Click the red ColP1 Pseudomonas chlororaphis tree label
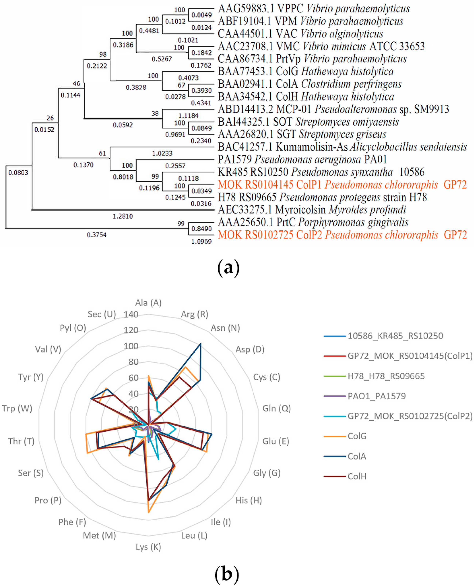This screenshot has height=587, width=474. [x=342, y=185]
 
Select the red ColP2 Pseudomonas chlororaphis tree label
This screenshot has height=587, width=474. [x=342, y=235]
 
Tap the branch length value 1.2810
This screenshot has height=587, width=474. [x=123, y=216]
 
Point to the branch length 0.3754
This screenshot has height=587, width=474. [x=97, y=235]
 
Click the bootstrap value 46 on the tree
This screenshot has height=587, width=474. [x=76, y=84]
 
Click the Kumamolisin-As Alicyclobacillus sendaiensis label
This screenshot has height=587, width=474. [x=342, y=147]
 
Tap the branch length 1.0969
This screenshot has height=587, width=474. [x=201, y=241]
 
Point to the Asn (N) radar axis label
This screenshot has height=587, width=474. [x=225, y=328]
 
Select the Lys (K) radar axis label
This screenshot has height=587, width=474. [x=148, y=547]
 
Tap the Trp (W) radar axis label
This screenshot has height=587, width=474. [x=17, y=409]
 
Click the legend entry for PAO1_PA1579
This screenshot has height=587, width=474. [x=376, y=396]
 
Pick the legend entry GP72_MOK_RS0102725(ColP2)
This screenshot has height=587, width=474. [x=410, y=416]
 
